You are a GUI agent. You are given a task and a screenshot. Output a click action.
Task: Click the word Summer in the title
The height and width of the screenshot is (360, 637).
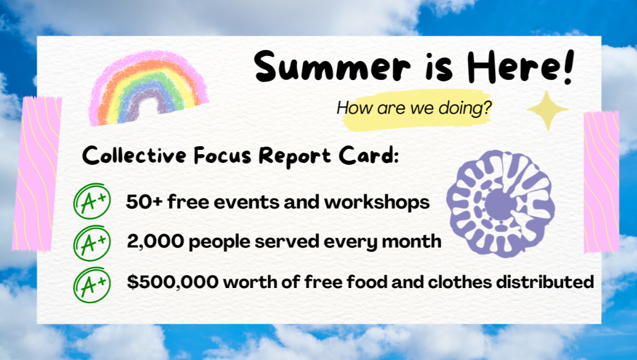332,66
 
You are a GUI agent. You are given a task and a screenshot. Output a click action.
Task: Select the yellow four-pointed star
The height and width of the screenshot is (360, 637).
547,110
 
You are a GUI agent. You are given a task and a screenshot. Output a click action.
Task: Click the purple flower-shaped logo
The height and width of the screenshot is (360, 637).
500,203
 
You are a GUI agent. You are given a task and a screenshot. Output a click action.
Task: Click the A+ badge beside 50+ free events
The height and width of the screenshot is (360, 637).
92,202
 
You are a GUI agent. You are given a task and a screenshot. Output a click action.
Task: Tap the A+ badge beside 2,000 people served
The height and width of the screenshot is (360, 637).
92,243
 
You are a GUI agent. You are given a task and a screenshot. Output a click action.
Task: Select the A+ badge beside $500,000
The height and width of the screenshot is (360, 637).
92,285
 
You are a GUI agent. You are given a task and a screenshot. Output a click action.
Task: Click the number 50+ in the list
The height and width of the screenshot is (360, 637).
144,202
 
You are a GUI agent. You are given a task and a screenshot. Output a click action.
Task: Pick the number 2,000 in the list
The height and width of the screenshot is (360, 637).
155,242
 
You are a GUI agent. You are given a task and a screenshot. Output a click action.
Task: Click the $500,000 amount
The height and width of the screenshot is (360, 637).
173,282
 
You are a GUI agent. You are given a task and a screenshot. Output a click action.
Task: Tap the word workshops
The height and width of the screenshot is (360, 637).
377,202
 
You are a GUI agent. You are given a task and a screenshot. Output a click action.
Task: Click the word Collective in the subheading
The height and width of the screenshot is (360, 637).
134,156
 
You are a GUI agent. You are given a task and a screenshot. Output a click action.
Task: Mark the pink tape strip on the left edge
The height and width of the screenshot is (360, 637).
37,174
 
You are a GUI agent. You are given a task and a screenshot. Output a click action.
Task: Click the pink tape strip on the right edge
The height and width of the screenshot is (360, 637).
601,182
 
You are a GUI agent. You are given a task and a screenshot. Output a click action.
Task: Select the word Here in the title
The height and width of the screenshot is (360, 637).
514,66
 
